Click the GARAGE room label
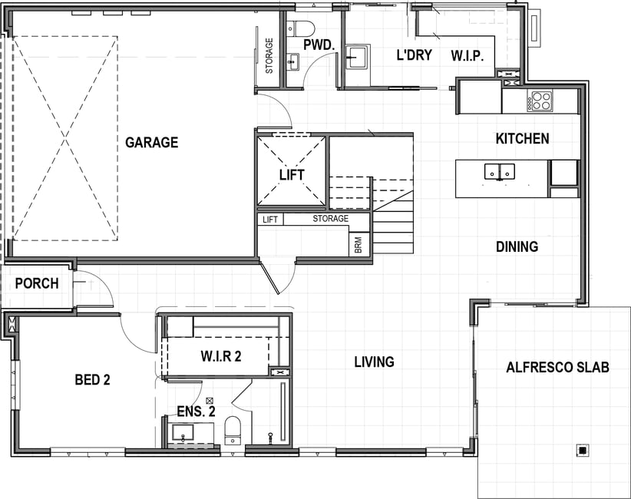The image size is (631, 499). pyautogui.click(x=152, y=143)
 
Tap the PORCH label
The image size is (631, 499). pyautogui.click(x=37, y=284)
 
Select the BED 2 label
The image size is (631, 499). pyautogui.click(x=93, y=379)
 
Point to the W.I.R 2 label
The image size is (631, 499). pyautogui.click(x=221, y=356)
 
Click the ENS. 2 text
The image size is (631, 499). pyautogui.click(x=197, y=411)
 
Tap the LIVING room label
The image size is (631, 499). pyautogui.click(x=375, y=362)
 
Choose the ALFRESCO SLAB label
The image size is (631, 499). pyautogui.click(x=558, y=368)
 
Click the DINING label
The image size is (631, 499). pyautogui.click(x=517, y=246)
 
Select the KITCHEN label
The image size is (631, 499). pyautogui.click(x=522, y=139)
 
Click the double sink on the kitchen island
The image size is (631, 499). pyautogui.click(x=500, y=172)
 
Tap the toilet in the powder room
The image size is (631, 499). pyautogui.click(x=300, y=28)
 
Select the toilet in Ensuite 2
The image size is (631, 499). pyautogui.click(x=233, y=430)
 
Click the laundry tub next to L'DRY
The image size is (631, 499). pyautogui.click(x=356, y=58)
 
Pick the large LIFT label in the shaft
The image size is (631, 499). pyautogui.click(x=292, y=175)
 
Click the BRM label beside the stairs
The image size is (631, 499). pyautogui.click(x=358, y=245)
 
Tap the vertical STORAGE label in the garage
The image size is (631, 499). pyautogui.click(x=269, y=56)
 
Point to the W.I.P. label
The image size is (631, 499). pyautogui.click(x=467, y=55)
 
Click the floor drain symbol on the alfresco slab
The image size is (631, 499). pyautogui.click(x=583, y=451)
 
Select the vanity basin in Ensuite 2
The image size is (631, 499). pyautogui.click(x=183, y=433)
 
